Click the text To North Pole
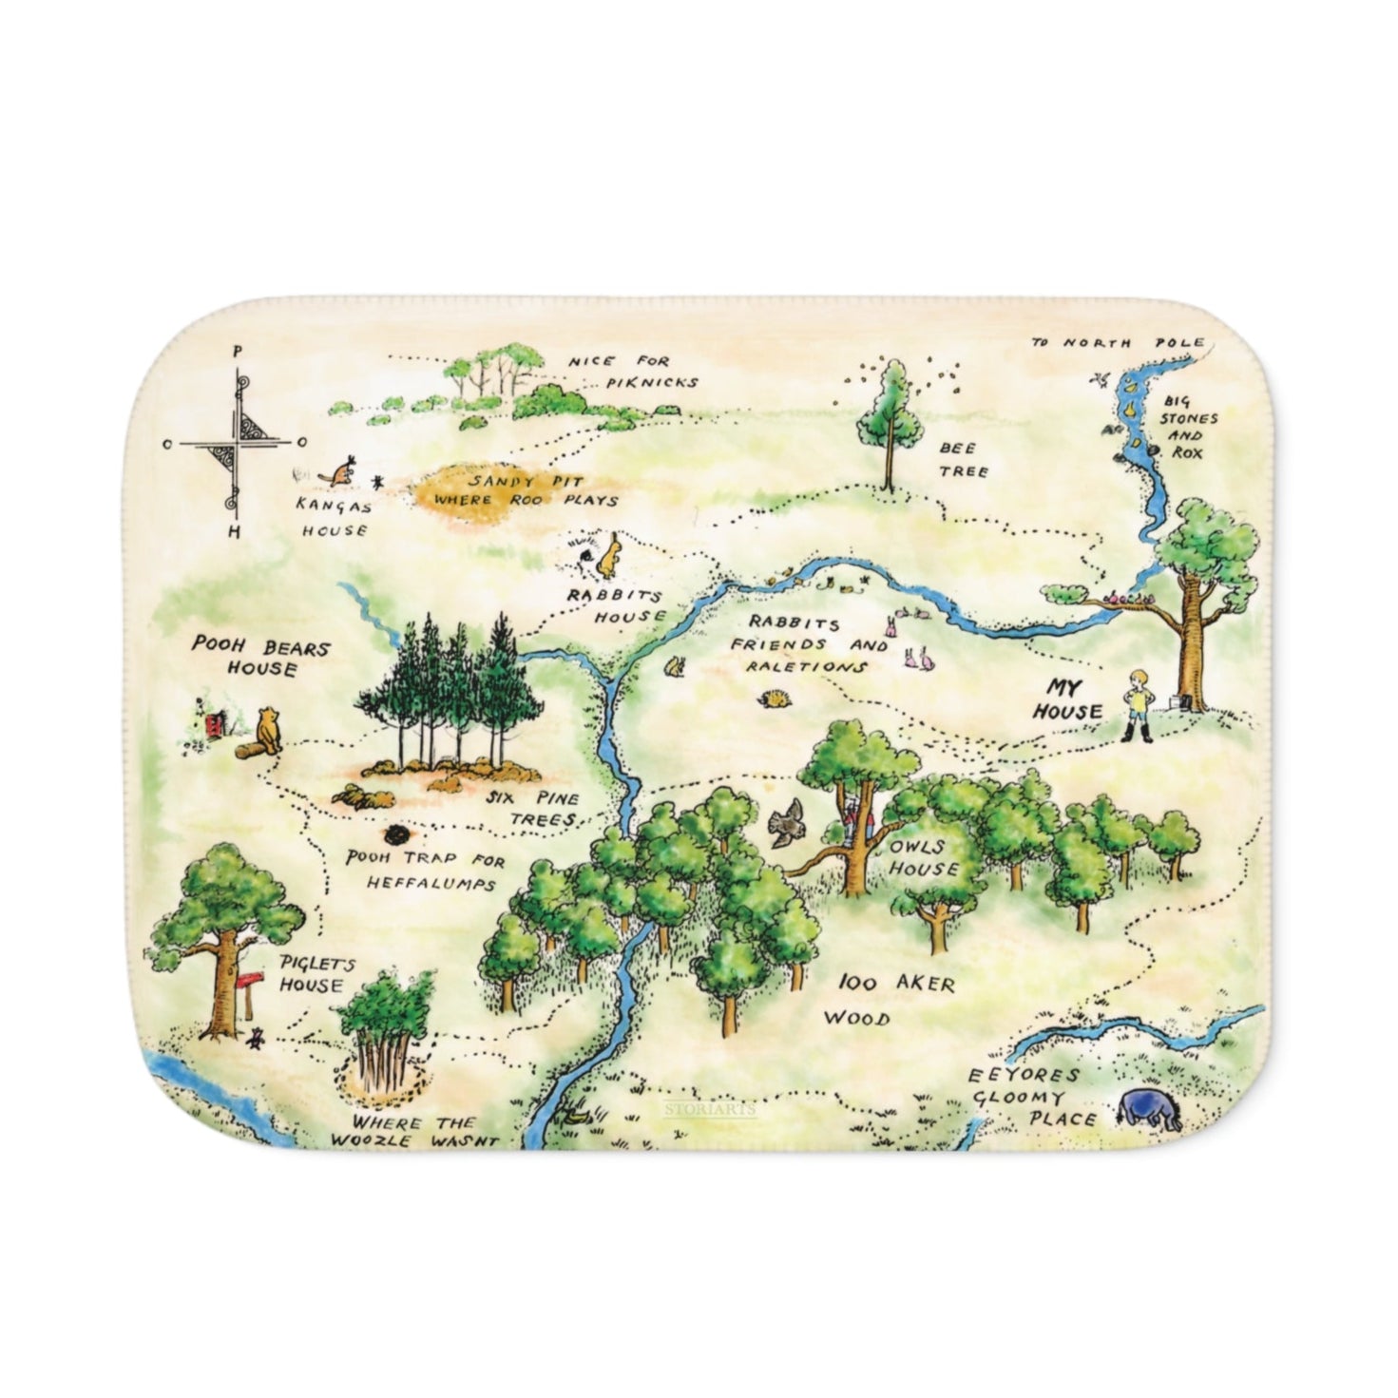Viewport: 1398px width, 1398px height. click(1119, 342)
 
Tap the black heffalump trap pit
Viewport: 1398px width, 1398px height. click(394, 835)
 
